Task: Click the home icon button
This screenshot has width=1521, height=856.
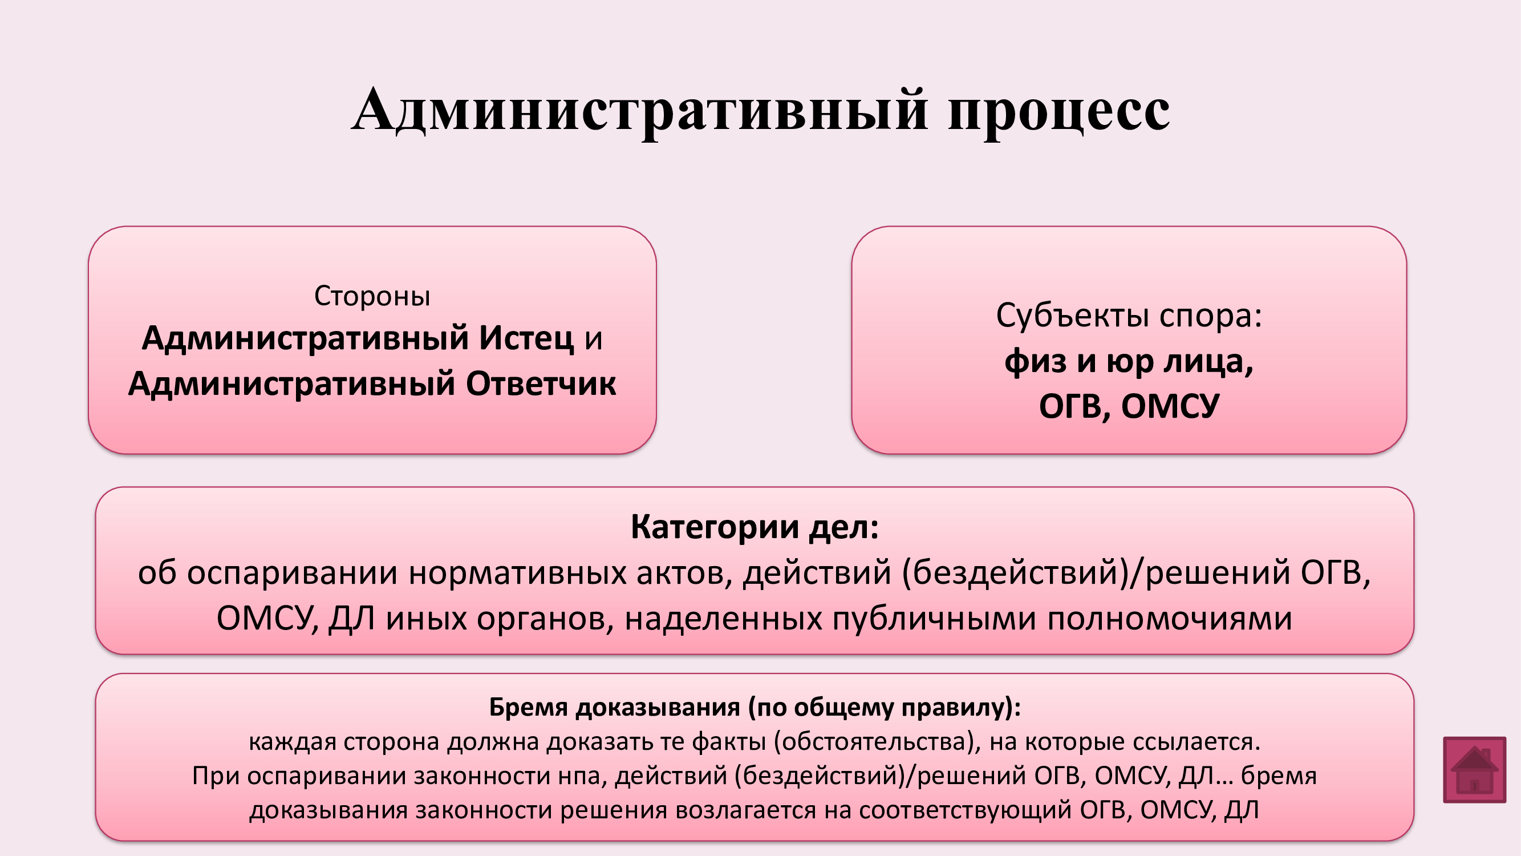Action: coord(1474,769)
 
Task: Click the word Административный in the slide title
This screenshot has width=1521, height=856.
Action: coord(639,110)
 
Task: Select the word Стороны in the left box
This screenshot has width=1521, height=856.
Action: coord(372,296)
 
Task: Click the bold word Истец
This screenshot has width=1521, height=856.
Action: coord(526,338)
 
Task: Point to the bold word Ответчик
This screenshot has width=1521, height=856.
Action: coord(541,383)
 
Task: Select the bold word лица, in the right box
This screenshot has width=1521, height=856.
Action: coord(1208,361)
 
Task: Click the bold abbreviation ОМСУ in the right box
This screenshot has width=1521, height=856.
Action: coord(1170,406)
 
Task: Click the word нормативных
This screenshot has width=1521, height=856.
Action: coord(517,572)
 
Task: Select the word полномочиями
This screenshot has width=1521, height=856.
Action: coord(1170,619)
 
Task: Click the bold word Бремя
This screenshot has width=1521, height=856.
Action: coord(529,707)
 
